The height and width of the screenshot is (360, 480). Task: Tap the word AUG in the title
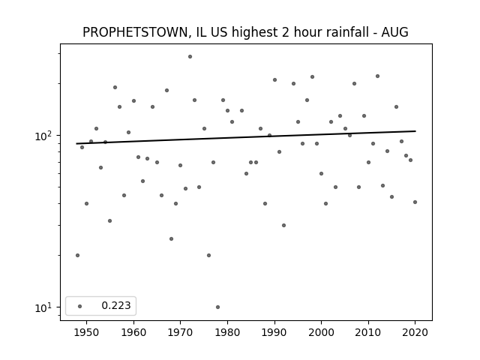[x=394, y=32]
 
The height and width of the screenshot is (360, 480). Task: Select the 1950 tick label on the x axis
[x=86, y=332]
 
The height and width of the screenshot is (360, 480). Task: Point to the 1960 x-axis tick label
[x=133, y=332]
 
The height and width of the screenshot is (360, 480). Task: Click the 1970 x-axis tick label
[x=180, y=332]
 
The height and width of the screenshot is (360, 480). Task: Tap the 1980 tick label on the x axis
[x=227, y=332]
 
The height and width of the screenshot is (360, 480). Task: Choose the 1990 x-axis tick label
[x=274, y=332]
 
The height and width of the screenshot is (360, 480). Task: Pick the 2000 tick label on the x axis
[x=321, y=332]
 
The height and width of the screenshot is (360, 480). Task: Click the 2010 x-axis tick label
[x=368, y=332]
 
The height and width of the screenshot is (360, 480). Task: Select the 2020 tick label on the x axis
[x=415, y=332]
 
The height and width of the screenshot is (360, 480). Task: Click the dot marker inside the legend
[x=79, y=306]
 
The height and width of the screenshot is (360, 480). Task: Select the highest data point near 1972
[x=190, y=56]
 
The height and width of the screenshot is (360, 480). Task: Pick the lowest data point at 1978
[x=217, y=307]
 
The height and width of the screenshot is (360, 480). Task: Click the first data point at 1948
[x=77, y=255]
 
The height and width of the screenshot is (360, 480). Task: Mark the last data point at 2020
[x=415, y=202]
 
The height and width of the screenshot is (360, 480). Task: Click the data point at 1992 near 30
[x=283, y=225]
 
